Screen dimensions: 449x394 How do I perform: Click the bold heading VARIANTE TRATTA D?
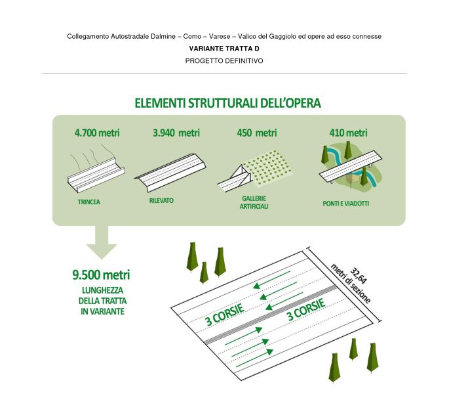tap(224, 49)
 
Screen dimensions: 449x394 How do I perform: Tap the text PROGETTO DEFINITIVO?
tap(224, 61)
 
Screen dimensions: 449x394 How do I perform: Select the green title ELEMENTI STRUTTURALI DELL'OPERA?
tap(227, 103)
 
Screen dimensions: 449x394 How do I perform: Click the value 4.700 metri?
tap(97, 133)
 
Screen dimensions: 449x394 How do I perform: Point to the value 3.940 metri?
tap(176, 133)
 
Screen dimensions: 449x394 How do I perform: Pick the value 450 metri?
tap(257, 133)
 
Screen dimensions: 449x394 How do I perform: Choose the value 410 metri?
tap(348, 133)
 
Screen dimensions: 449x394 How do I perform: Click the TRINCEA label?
tap(89, 202)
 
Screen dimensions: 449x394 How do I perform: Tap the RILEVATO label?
tap(161, 200)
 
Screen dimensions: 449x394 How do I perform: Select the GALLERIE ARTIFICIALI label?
tap(254, 202)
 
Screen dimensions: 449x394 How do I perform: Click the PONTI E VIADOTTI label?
tap(346, 204)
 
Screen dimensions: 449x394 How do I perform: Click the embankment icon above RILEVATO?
tap(170, 173)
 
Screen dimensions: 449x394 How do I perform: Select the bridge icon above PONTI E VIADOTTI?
tap(351, 166)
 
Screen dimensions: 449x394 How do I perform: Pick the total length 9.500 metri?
tap(101, 275)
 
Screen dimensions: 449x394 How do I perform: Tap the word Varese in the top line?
tap(220, 36)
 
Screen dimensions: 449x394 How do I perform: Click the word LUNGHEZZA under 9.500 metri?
tap(102, 290)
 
